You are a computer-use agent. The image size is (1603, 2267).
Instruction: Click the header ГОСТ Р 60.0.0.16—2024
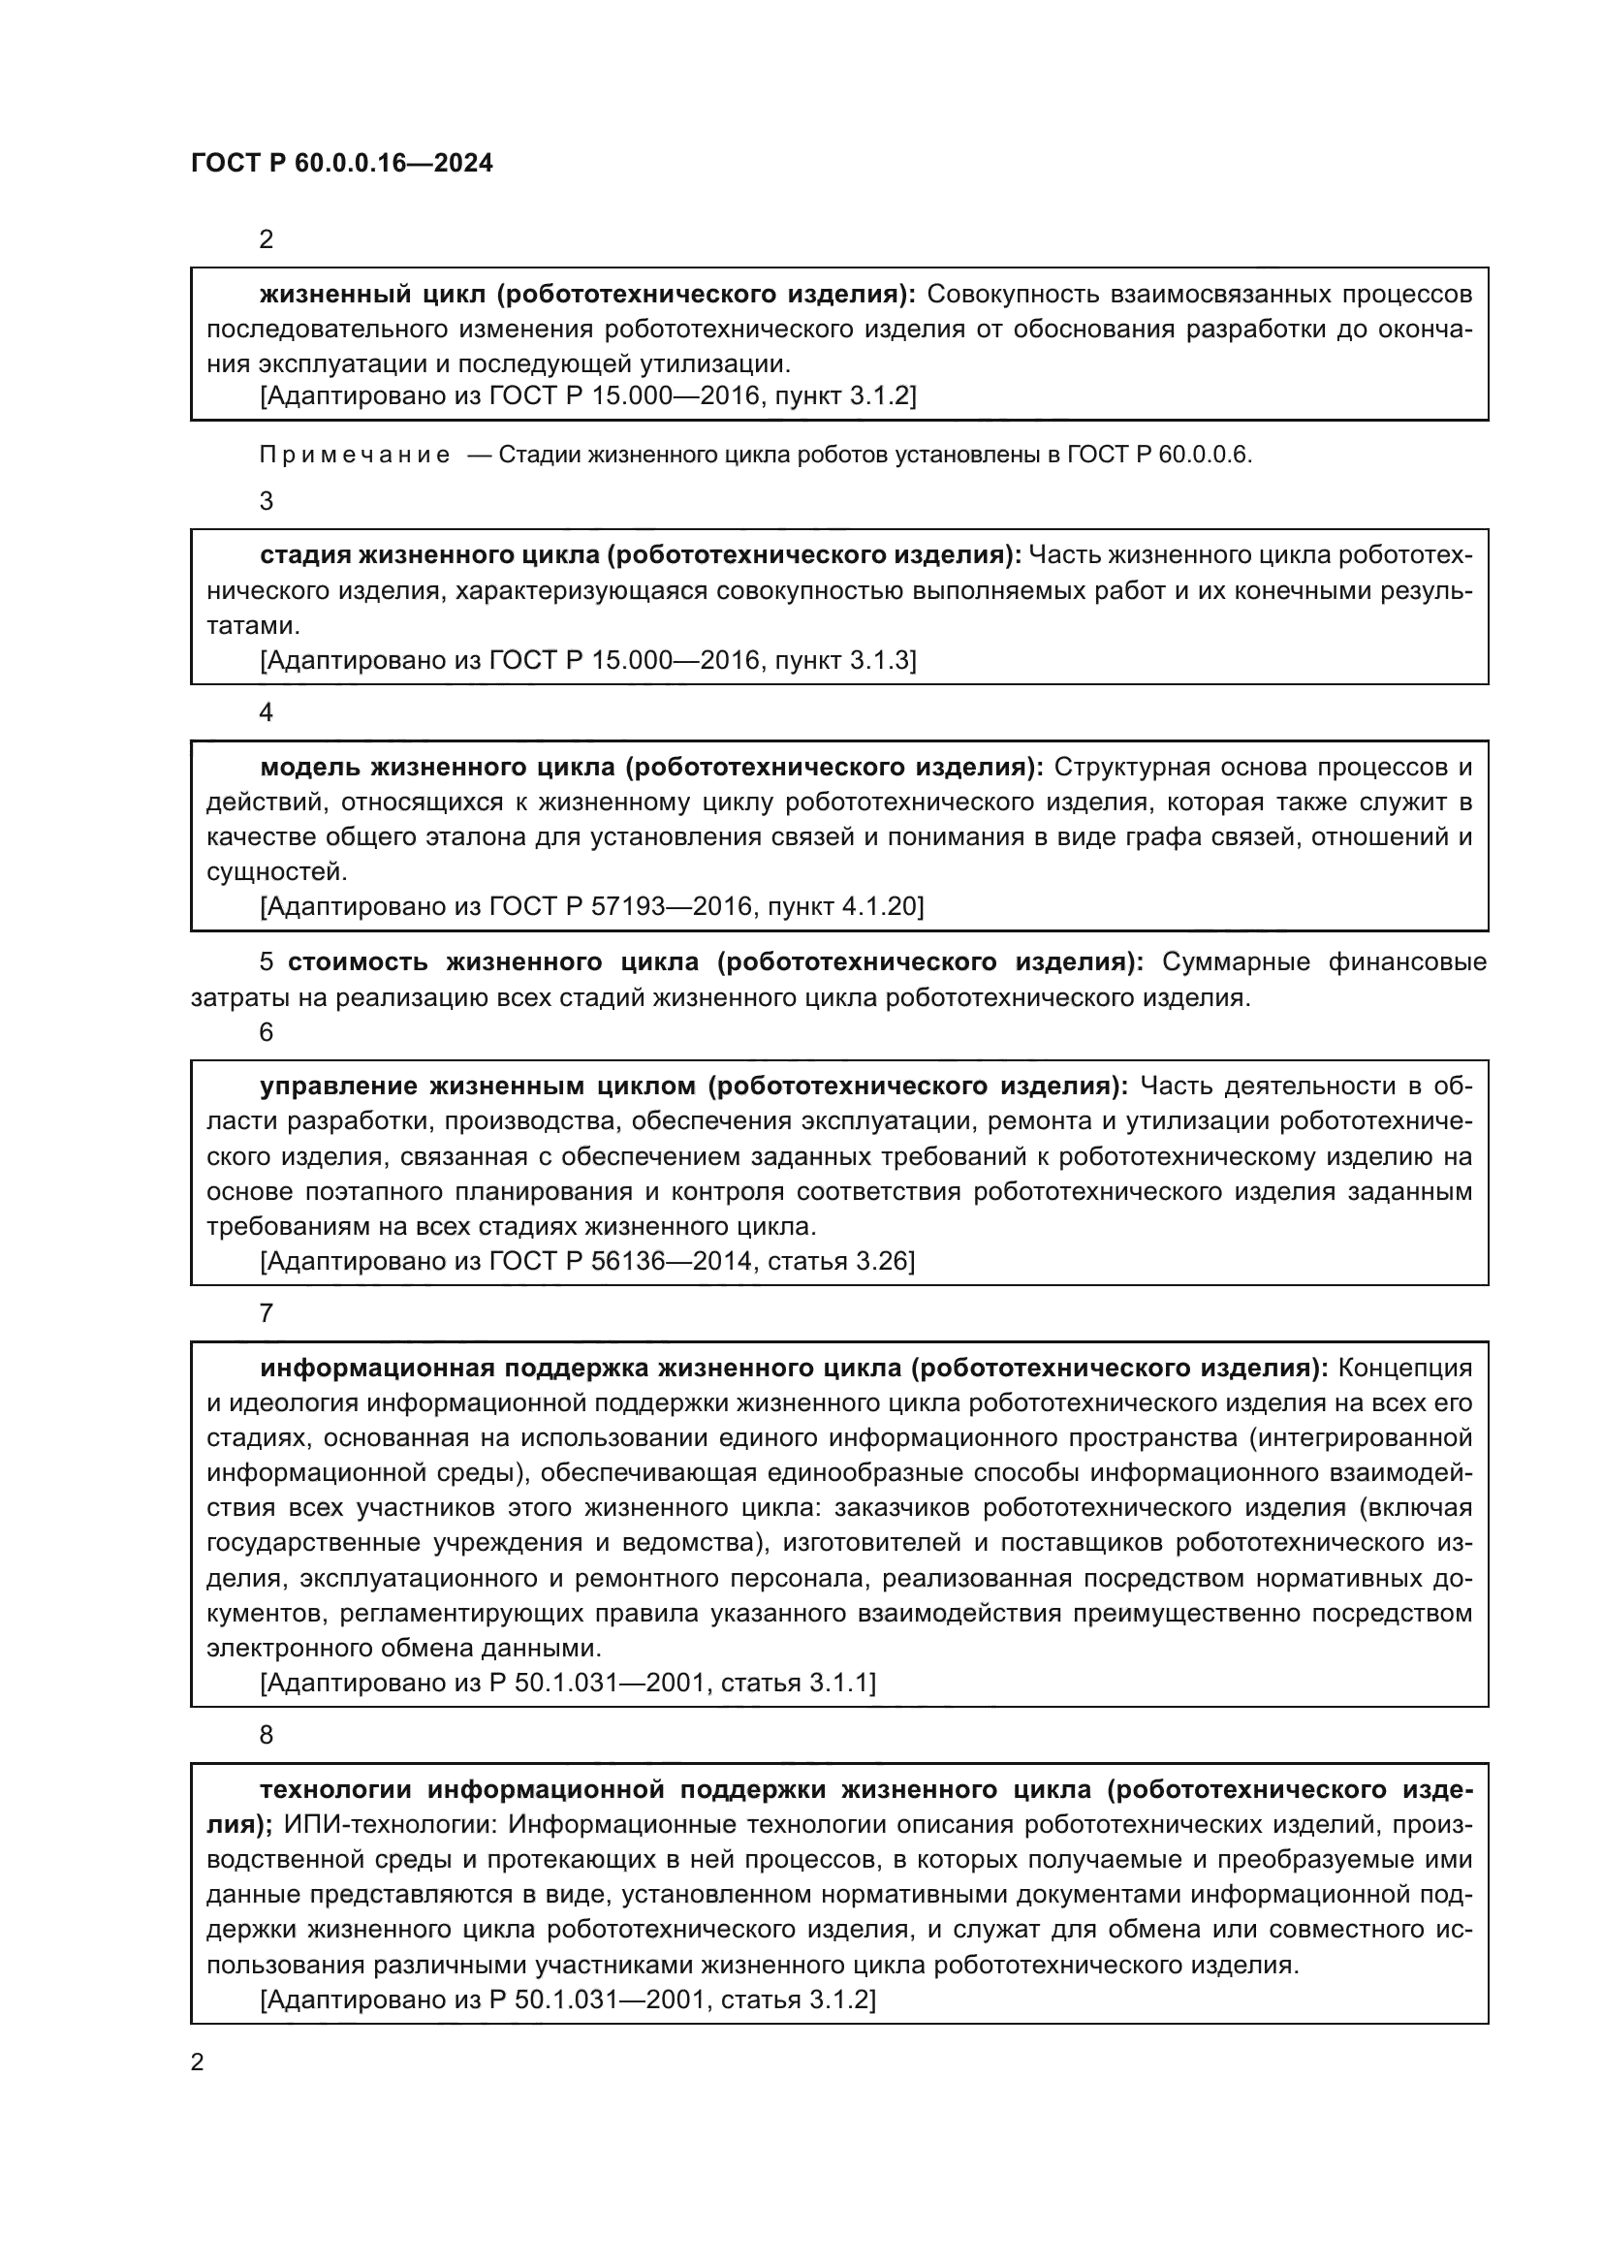341,163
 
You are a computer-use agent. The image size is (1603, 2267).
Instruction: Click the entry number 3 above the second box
266,502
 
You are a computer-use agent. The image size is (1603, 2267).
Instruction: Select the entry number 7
266,1314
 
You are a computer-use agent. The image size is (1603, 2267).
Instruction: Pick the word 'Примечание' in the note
355,456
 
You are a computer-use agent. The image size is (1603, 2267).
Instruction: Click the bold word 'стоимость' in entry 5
358,961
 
